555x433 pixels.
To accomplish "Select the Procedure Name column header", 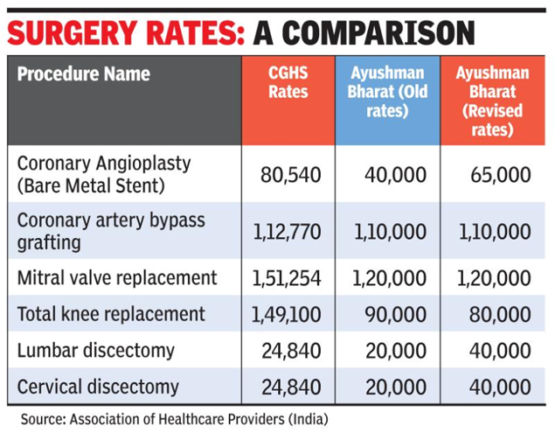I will click(84, 73).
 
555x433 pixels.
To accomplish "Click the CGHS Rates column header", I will click(288, 82).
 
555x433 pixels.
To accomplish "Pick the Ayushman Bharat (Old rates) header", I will click(386, 92).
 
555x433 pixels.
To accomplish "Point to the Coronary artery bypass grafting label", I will click(111, 230).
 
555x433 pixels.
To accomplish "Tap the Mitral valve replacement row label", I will click(117, 278).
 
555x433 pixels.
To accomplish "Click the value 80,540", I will click(291, 175).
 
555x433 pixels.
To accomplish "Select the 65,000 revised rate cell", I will click(500, 175).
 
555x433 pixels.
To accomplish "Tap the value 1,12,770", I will click(287, 232).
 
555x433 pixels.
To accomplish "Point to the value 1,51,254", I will click(287, 278).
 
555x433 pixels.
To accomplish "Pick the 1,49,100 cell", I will click(287, 314).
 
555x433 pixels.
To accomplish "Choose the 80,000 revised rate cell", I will click(500, 314).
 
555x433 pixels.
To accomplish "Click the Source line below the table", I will click(175, 418).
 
